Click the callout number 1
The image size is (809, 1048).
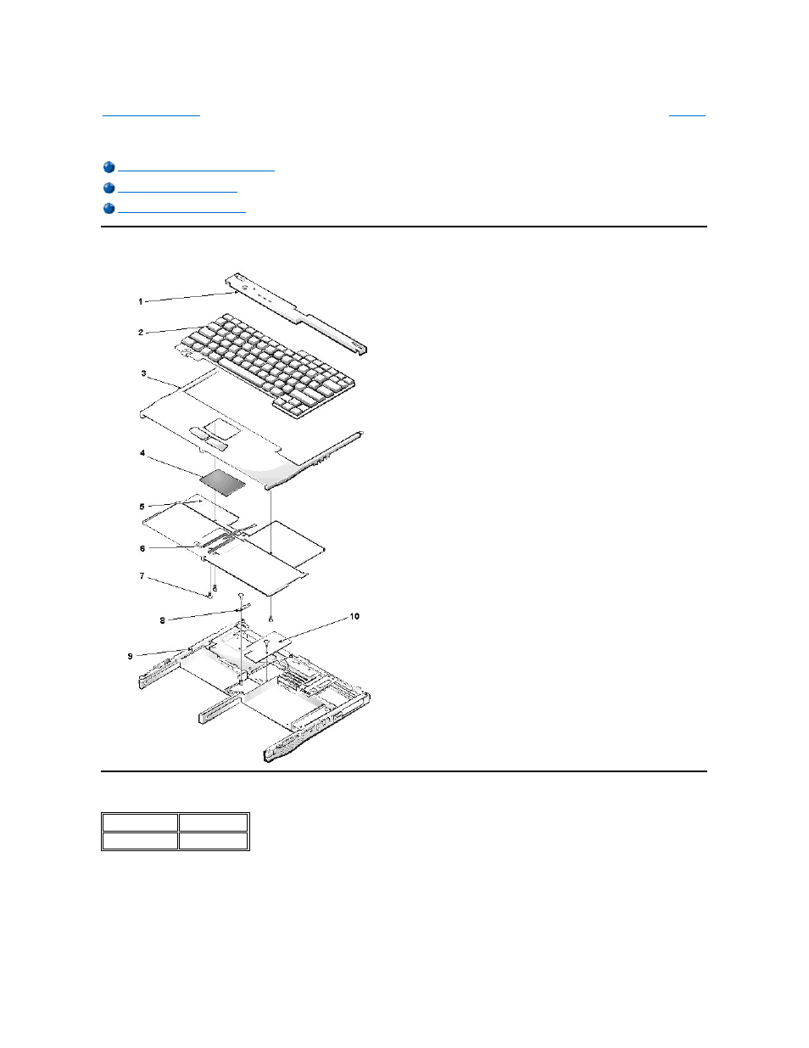pyautogui.click(x=141, y=301)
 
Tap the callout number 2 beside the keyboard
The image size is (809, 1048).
pyautogui.click(x=141, y=333)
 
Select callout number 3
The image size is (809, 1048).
pyautogui.click(x=143, y=373)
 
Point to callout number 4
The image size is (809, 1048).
pyautogui.click(x=142, y=453)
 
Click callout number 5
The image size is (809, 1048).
pyautogui.click(x=142, y=507)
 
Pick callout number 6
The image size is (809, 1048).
pyautogui.click(x=142, y=548)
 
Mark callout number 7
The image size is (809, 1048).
pyautogui.click(x=142, y=576)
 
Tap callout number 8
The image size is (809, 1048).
pyautogui.click(x=163, y=620)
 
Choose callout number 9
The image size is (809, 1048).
pyautogui.click(x=130, y=656)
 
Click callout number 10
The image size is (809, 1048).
pyautogui.click(x=354, y=616)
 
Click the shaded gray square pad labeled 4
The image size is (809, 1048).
pyautogui.click(x=223, y=483)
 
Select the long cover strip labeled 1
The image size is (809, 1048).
pyautogui.click(x=297, y=311)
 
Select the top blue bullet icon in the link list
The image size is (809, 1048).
pyautogui.click(x=109, y=168)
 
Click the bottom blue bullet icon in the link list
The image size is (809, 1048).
pyautogui.click(x=109, y=209)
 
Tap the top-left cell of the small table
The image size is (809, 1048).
pyautogui.click(x=140, y=821)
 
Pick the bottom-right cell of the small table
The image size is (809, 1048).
pyautogui.click(x=214, y=841)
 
